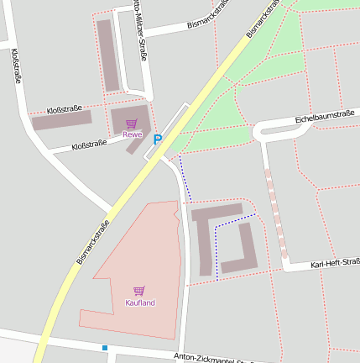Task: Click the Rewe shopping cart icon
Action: (x=131, y=124)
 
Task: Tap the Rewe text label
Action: (x=133, y=134)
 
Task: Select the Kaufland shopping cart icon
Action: (x=139, y=291)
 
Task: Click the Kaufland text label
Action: (x=140, y=302)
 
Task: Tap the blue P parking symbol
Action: (x=156, y=140)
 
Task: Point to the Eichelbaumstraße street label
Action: (x=326, y=117)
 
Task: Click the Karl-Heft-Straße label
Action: (x=334, y=264)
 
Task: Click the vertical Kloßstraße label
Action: (x=16, y=66)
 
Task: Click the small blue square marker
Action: (x=105, y=347)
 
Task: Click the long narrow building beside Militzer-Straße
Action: (x=108, y=55)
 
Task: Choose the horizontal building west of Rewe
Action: (x=60, y=120)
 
